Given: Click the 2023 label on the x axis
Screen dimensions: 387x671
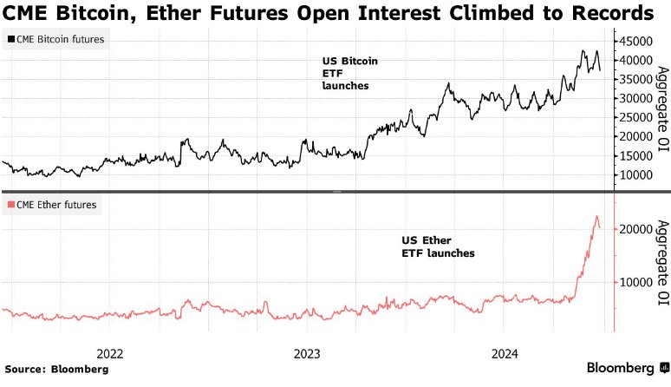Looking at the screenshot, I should click(307, 354).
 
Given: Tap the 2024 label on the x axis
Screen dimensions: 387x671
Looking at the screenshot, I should click(505, 354).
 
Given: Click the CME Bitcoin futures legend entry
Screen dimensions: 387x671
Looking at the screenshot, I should click(56, 40).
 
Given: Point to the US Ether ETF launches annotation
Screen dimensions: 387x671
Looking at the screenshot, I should click(438, 246).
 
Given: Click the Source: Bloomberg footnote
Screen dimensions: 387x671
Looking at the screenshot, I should click(57, 370).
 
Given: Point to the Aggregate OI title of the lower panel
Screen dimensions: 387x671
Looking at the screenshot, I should click(661, 263).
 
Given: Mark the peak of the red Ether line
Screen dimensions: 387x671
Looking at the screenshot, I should click(596, 216).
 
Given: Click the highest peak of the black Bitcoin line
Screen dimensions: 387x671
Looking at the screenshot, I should click(583, 50).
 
